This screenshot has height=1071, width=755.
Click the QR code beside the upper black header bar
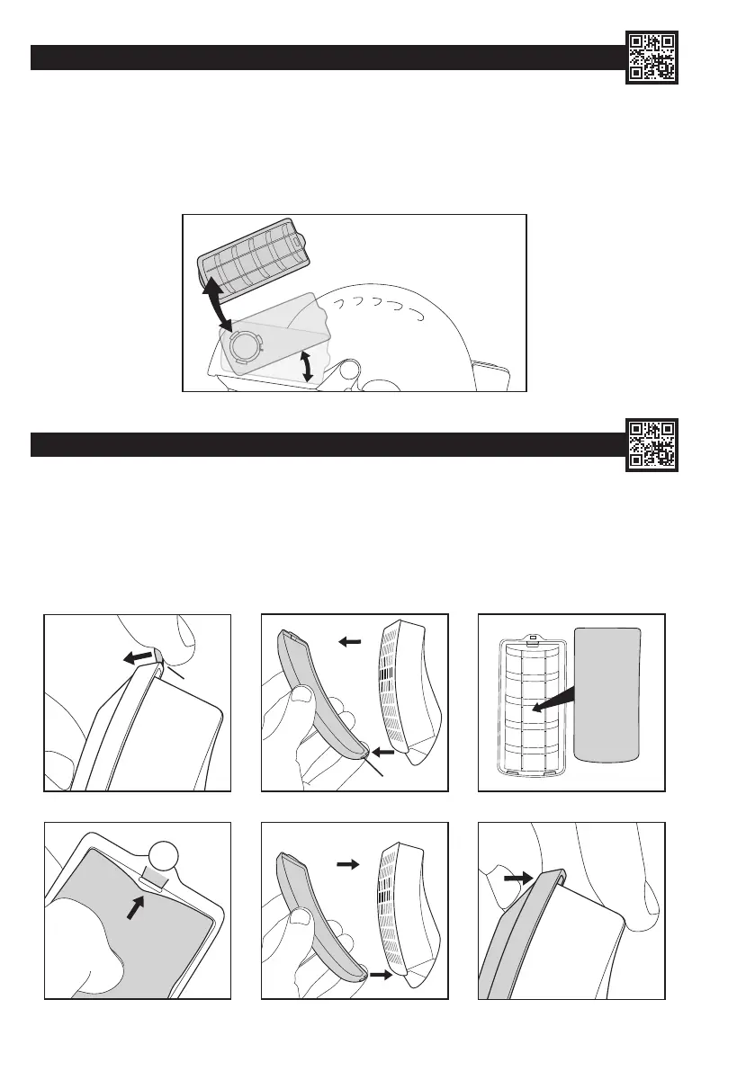point(652,58)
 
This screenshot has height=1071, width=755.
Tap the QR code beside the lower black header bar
point(652,445)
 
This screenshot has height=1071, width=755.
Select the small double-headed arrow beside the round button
point(307,366)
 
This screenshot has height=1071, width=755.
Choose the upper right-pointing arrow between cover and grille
point(348,864)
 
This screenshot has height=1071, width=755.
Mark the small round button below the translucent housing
point(351,370)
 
